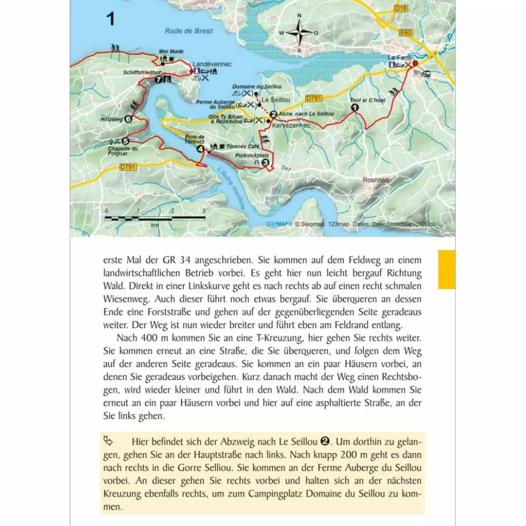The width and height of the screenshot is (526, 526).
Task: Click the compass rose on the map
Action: [x=299, y=33]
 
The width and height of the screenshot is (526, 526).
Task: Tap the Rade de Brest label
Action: [x=189, y=31]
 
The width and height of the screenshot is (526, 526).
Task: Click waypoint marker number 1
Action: [x=355, y=109]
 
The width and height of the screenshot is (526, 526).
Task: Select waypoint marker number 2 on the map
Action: [x=273, y=114]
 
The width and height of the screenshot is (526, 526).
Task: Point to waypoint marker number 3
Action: [x=265, y=162]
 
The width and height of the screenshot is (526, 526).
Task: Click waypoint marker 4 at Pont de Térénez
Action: [x=200, y=149]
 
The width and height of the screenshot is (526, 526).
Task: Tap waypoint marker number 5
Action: [x=125, y=141]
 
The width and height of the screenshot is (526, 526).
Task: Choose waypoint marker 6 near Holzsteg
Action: [x=128, y=119]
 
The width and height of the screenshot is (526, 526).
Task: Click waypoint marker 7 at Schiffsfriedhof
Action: [x=158, y=80]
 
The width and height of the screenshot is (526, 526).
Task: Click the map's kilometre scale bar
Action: [x=155, y=216]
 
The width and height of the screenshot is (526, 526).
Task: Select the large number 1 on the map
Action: [x=110, y=20]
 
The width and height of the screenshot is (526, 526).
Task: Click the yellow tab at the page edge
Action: [x=447, y=269]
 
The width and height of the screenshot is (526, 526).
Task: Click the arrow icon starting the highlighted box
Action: [x=109, y=441]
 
